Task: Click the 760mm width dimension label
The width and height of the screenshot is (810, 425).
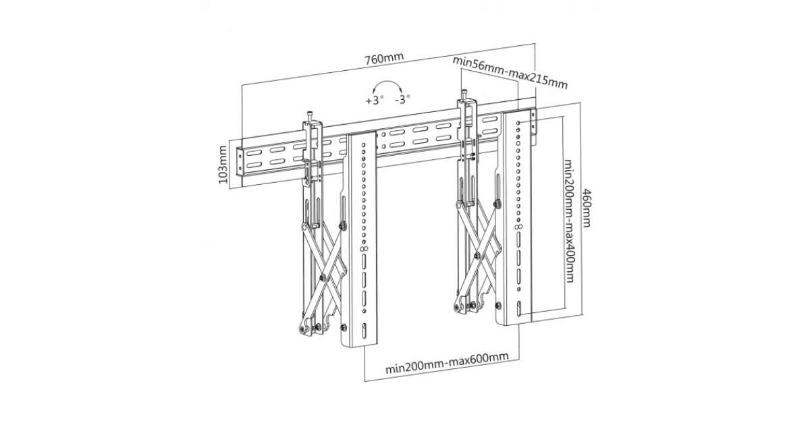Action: [x=384, y=58]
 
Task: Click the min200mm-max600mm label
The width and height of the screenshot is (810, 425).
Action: [x=446, y=368]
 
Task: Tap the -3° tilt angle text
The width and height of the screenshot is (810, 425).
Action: [x=403, y=100]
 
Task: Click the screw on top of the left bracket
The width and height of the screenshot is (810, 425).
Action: [x=308, y=114]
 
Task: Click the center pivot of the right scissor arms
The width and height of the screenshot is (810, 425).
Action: [x=477, y=256]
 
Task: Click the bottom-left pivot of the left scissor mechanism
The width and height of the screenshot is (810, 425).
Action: [x=301, y=329]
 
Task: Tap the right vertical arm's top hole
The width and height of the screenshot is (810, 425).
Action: [x=518, y=124]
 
